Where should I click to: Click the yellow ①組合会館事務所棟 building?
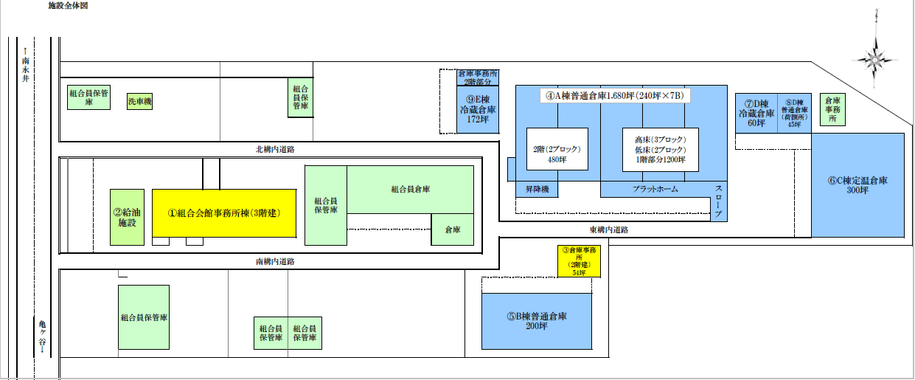[223, 213]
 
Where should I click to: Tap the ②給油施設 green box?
[127, 217]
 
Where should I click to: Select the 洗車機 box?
[139, 101]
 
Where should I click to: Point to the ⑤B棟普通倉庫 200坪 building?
[537, 321]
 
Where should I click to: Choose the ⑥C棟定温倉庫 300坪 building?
[857, 184]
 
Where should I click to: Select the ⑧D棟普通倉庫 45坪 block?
[794, 113]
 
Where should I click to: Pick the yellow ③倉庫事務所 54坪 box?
[578, 261]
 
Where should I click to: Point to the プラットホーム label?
[655, 190]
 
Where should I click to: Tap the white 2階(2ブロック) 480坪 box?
[557, 150]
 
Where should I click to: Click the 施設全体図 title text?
[68, 5]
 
